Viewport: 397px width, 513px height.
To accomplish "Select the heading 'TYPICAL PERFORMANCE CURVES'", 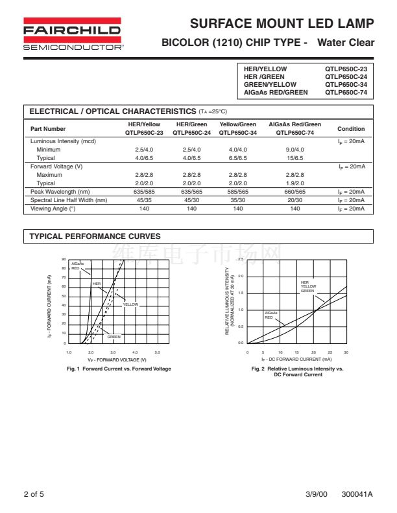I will (95, 237).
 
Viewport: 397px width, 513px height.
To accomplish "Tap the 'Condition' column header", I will (351, 129).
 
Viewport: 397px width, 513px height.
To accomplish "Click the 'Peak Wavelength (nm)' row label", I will (60, 192).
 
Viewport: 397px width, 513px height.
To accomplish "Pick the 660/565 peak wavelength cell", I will (295, 192).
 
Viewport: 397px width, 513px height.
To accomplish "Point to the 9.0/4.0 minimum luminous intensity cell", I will (295, 150).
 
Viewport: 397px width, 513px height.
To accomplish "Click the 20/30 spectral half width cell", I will (295, 200).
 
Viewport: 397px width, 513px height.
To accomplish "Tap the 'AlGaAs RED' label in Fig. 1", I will (77, 266).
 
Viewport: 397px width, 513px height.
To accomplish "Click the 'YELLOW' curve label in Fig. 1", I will (130, 304).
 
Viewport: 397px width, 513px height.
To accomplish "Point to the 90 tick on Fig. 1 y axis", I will (64, 260).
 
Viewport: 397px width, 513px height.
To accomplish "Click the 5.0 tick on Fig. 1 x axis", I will (157, 352).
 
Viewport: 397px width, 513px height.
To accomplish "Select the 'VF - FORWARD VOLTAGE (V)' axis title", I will (117, 359).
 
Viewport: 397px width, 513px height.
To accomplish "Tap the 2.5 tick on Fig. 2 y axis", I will (241, 260).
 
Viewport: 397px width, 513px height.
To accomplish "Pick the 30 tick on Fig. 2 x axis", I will (346, 352).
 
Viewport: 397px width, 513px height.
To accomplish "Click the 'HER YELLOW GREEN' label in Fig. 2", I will (308, 286).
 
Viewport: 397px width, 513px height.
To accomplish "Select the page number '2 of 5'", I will (34, 494).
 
